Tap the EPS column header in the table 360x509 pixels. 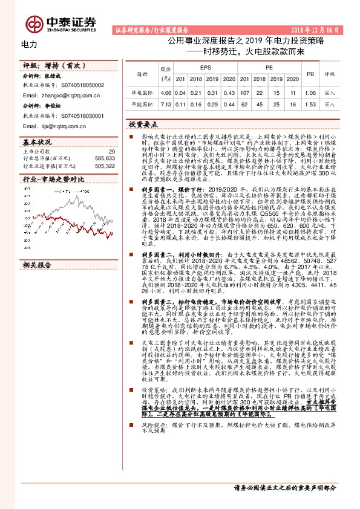point(205,69)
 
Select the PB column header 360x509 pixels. point(310,74)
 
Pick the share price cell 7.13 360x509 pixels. point(165,104)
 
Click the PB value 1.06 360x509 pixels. point(310,93)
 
